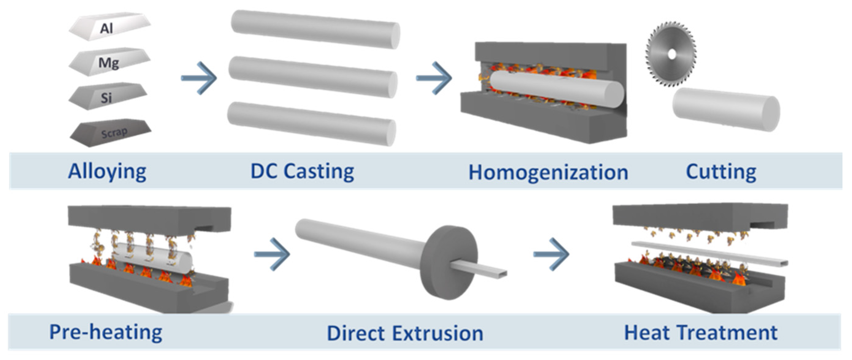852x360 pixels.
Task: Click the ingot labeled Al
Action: click(x=109, y=27)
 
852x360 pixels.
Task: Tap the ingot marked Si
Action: click(x=108, y=97)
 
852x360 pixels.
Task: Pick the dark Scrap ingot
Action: click(x=111, y=133)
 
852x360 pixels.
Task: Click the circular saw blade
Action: click(x=671, y=54)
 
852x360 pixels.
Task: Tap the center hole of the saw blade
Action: click(x=671, y=55)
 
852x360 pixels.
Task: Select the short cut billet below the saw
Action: click(x=726, y=109)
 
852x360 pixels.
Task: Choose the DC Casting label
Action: click(x=302, y=172)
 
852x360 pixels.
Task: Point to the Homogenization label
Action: click(x=548, y=172)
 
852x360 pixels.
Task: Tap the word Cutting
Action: click(x=721, y=172)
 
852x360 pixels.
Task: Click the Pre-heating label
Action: click(x=106, y=332)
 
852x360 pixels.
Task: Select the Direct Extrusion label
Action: click(x=405, y=333)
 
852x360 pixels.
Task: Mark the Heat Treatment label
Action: click(x=701, y=332)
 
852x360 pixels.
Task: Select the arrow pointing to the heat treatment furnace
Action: click(x=551, y=254)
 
